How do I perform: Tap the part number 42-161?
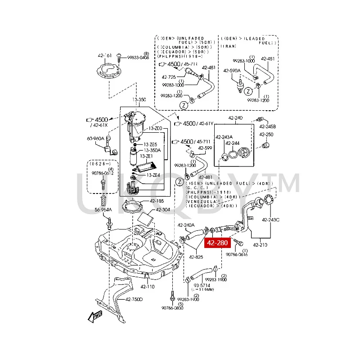[x=104, y=56]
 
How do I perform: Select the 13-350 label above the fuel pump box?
[x=139, y=99]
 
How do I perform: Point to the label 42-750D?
[x=134, y=299]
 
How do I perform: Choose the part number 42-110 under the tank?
[x=147, y=286]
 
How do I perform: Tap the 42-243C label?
[x=271, y=220]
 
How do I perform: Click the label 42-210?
[x=261, y=245]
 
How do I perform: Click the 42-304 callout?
[x=163, y=210]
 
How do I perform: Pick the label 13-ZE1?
[x=146, y=156]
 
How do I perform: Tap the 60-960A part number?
[x=95, y=138]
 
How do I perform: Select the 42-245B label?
[x=267, y=126]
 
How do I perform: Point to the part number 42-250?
[x=266, y=135]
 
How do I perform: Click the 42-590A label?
[x=232, y=71]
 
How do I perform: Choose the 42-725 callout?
[x=169, y=77]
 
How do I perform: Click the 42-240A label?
[x=185, y=225]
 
